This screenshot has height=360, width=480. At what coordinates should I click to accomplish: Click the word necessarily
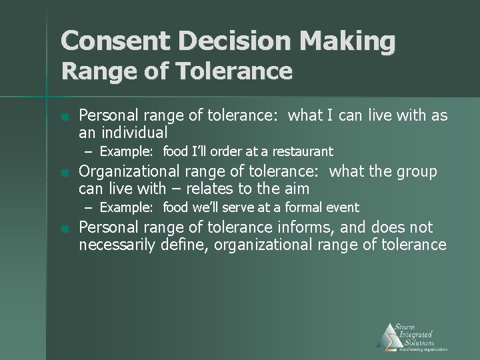point(117,245)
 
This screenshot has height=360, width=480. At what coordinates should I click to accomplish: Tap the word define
point(181,245)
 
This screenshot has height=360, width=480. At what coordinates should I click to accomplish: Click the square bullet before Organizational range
point(64,173)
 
